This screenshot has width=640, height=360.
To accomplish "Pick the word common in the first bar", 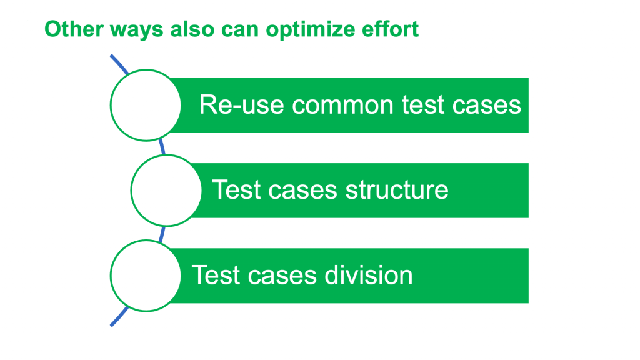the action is [x=344, y=106].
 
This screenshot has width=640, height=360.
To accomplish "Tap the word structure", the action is [x=397, y=190].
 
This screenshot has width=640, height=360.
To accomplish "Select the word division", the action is [x=369, y=275].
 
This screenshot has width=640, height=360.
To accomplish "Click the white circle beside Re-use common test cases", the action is [x=146, y=105].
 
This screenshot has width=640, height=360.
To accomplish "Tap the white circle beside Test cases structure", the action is [x=166, y=191].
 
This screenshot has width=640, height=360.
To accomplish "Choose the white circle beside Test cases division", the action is [x=146, y=276].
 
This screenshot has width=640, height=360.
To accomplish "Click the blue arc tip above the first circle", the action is [x=111, y=56].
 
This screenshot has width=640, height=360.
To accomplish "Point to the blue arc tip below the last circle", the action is [x=111, y=325].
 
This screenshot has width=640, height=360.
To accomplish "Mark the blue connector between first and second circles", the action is [x=162, y=147].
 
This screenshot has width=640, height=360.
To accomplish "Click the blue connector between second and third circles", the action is [x=162, y=234].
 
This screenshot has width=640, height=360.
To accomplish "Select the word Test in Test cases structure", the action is [x=236, y=190].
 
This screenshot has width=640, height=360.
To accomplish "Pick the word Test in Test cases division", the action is [x=215, y=275].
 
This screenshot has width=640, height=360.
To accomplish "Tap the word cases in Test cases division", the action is [x=282, y=276].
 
